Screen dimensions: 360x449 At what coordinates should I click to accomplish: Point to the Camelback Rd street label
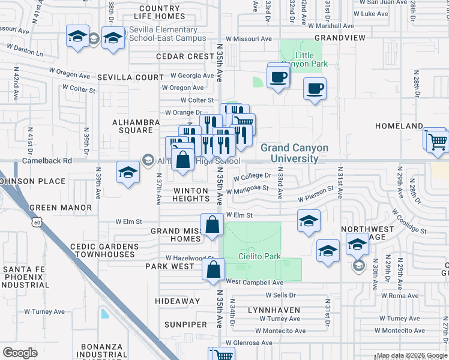pos(47,161)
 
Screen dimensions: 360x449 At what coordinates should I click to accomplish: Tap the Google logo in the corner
pos(20,353)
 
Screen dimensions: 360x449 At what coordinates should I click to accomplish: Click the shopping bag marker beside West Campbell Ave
pos(213,270)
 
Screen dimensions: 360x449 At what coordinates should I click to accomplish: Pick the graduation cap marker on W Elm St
pos(308,221)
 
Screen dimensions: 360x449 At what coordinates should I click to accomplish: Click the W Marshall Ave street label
pos(331,26)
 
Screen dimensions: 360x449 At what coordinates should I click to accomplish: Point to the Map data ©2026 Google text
pos(411,355)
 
